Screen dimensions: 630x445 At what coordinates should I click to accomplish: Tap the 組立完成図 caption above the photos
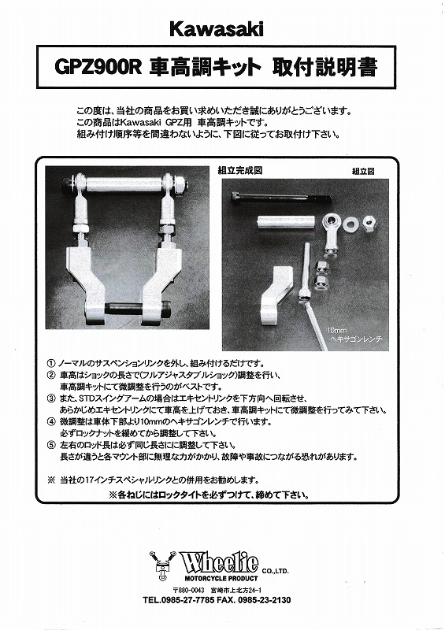[239, 169]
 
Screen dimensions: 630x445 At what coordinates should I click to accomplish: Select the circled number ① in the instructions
[52, 358]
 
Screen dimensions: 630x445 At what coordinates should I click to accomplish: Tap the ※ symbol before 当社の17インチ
[51, 480]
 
